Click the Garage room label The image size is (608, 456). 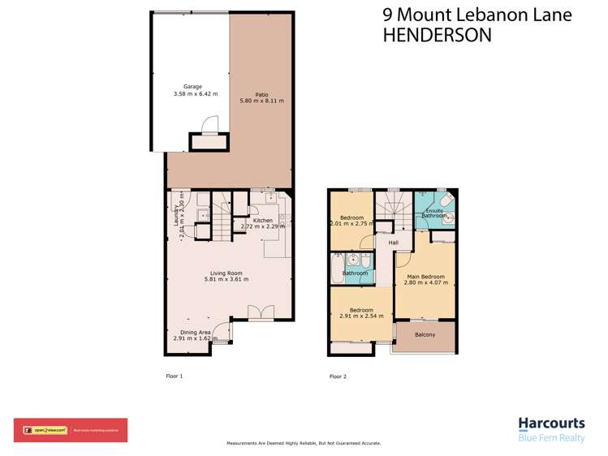point(192,87)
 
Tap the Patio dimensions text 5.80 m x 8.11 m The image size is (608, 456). point(261,101)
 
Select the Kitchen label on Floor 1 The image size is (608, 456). point(262,221)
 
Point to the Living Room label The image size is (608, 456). point(226,273)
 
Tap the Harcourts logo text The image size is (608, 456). point(550,424)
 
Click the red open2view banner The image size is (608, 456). point(70,430)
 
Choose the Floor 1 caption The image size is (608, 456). point(175,376)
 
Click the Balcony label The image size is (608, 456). point(425,334)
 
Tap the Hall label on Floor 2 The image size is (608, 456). point(393,243)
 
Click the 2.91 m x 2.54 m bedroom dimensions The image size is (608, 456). point(361,317)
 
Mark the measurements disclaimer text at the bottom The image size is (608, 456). point(303,444)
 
